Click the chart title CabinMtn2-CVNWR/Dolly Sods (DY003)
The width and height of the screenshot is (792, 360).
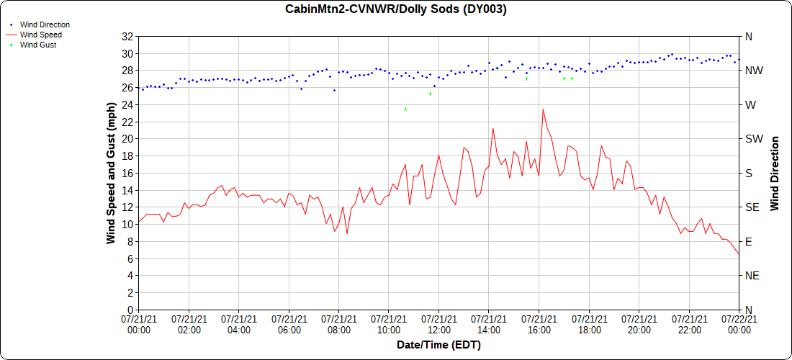click(396, 9)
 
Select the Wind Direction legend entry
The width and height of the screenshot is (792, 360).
click(45, 24)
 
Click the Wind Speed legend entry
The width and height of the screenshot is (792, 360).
click(40, 35)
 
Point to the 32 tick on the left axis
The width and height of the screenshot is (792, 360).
click(127, 37)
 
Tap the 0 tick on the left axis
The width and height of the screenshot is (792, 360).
click(130, 310)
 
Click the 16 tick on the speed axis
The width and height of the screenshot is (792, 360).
click(127, 173)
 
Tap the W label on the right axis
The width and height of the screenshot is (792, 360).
click(750, 105)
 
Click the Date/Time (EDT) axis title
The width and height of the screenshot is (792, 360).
click(438, 345)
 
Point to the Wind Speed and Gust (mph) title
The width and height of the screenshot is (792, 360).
click(111, 173)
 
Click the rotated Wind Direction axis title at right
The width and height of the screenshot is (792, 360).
click(775, 173)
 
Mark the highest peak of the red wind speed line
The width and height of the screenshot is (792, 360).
click(543, 109)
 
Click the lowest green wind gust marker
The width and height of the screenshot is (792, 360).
click(430, 94)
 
